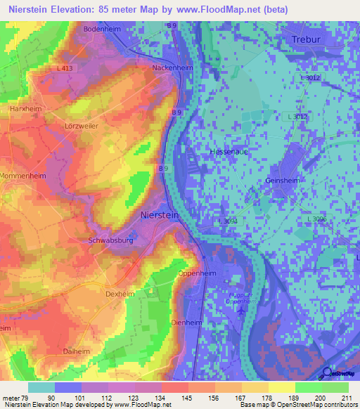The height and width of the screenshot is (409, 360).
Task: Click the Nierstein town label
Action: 161,215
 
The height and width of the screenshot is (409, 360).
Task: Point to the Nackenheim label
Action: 172,68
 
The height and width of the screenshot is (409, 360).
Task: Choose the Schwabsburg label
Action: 112,240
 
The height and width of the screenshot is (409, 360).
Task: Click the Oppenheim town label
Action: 196,273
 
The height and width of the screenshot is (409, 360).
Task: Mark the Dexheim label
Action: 120,294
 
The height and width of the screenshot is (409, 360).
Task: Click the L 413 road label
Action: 63,68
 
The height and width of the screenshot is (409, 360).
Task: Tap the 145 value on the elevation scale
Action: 174,398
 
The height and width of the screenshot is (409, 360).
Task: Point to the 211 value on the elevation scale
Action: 347,398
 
